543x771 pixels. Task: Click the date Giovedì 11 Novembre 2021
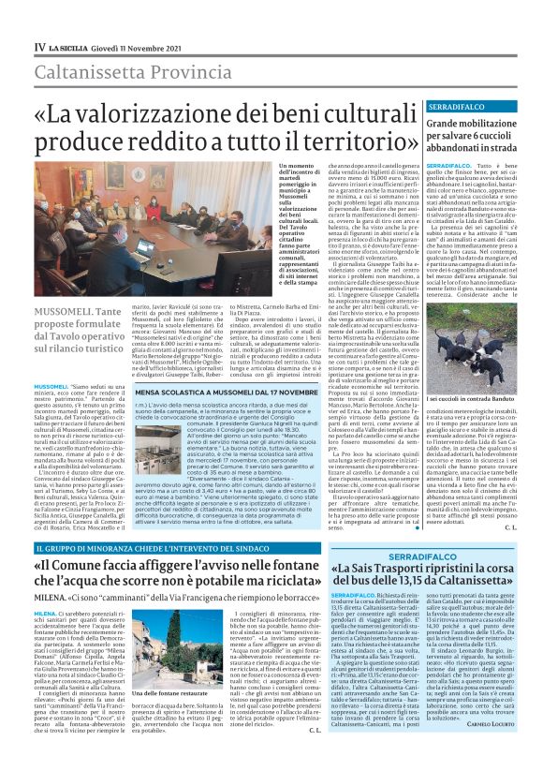coord(129,45)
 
